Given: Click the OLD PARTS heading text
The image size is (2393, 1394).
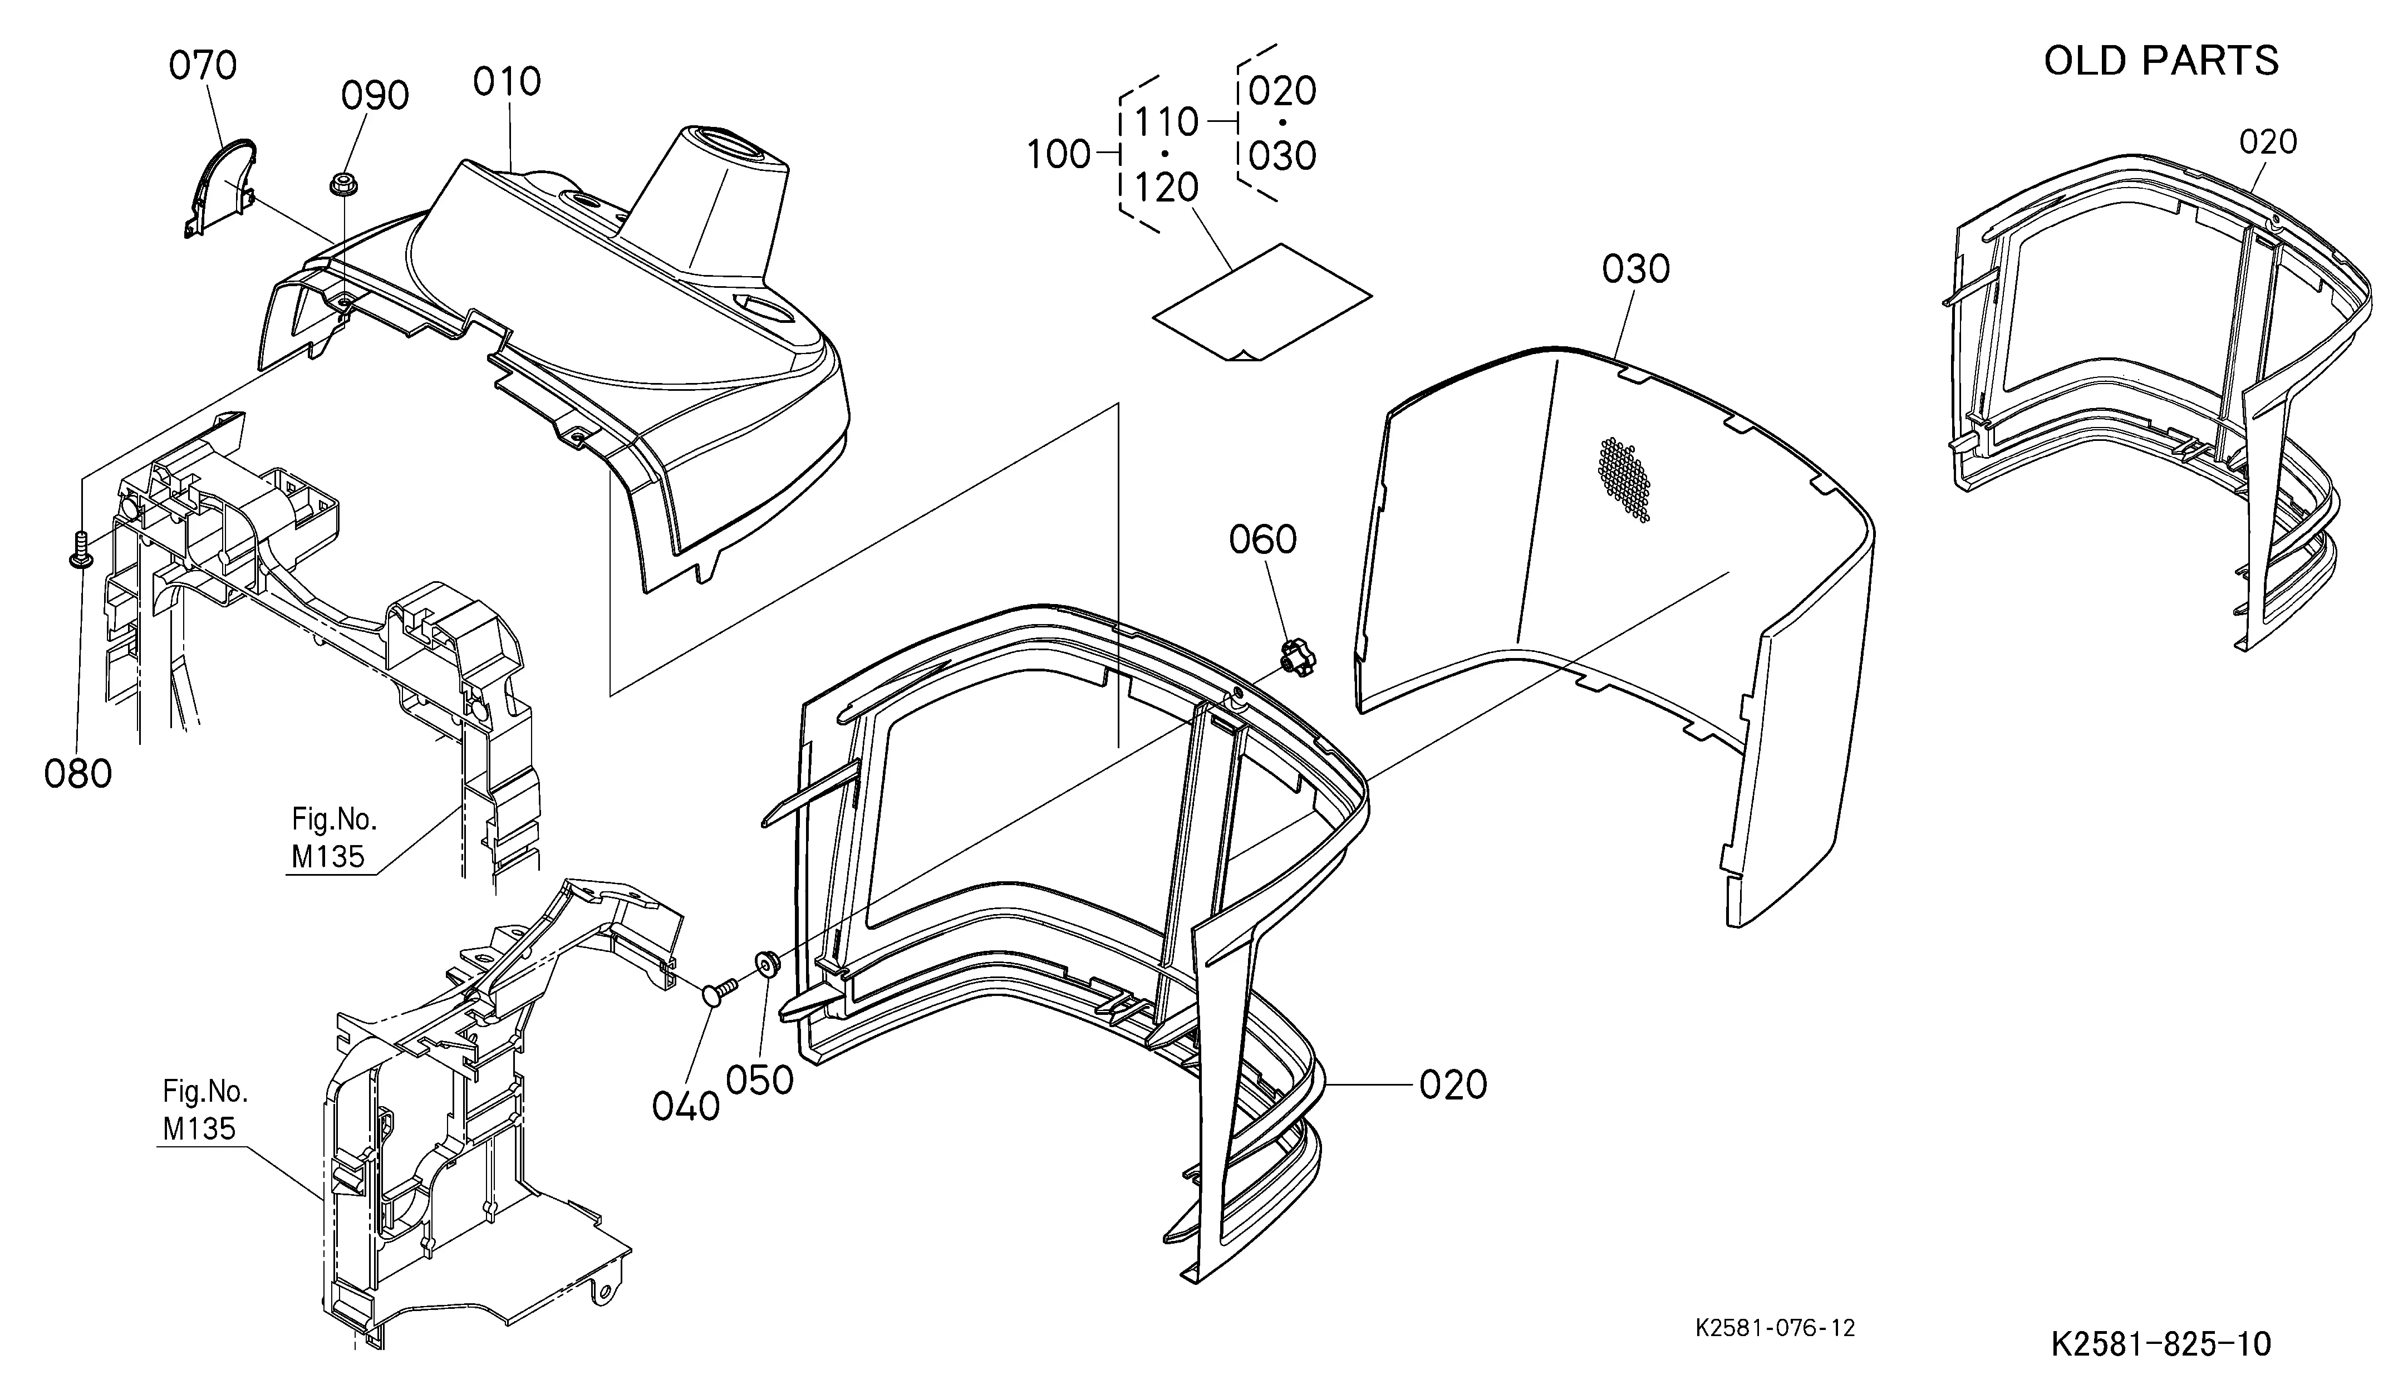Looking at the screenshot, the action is coord(2160,61).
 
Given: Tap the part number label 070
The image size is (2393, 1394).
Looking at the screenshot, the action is coord(202,66).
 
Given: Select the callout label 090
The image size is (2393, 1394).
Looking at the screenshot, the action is coord(375,96).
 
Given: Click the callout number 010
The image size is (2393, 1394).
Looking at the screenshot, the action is coord(507,82).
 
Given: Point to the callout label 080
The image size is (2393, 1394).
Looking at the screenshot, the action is coord(78,774).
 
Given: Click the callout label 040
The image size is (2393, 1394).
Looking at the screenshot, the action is coord(686,1106).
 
